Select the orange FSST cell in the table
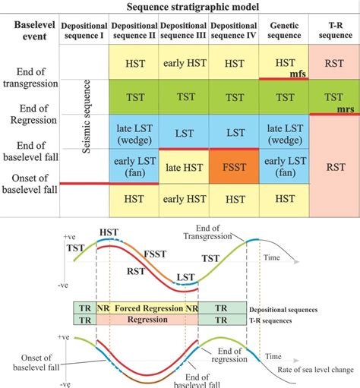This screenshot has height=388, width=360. click(x=233, y=166)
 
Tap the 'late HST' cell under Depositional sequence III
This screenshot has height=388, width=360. click(x=185, y=166)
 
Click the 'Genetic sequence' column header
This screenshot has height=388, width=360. click(x=284, y=30)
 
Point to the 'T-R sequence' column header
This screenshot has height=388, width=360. click(x=334, y=30)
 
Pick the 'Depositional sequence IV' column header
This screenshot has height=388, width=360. click(x=233, y=30)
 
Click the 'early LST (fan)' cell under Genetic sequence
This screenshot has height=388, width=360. click(x=284, y=166)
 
